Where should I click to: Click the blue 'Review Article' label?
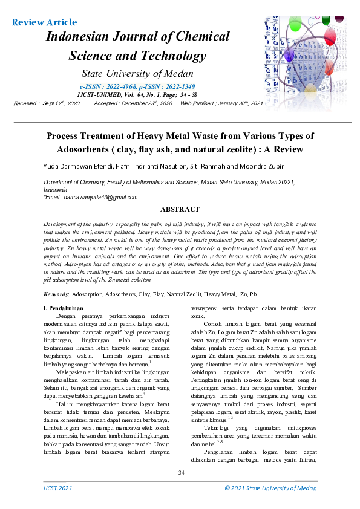[45, 23]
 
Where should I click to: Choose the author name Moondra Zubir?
[270, 166]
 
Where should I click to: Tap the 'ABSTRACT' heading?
[180, 210]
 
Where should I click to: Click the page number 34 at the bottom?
[180, 472]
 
